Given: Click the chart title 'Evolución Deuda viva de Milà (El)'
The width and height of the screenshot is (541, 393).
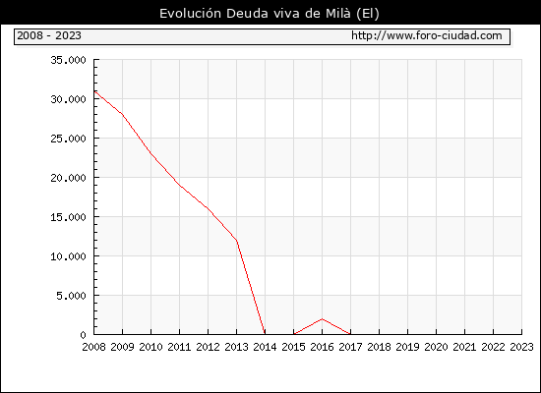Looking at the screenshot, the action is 270,14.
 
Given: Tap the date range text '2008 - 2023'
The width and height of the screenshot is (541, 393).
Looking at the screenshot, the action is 49,35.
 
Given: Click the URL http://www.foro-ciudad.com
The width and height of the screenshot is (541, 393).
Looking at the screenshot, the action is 427,35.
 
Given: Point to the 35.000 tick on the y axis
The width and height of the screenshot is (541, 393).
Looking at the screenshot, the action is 68,60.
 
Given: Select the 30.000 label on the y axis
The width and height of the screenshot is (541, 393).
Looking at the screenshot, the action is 68,99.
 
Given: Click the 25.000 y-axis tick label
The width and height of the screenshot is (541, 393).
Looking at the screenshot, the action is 68,139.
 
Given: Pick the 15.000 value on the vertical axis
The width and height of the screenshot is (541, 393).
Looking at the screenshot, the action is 68,217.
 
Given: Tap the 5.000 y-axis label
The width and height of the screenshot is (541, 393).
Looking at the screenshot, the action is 72,296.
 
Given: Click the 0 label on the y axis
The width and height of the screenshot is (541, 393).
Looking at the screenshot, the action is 83,335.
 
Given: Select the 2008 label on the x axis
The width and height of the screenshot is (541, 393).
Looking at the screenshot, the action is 93,347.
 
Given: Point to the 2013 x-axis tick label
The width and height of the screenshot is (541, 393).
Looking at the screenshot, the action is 236,347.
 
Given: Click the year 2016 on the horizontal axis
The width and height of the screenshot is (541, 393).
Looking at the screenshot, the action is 322,347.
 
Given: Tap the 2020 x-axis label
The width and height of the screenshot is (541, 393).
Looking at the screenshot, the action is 436,347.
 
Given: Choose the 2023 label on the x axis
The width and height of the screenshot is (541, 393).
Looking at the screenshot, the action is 521,347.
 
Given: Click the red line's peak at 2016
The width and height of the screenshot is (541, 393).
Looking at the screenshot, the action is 322,319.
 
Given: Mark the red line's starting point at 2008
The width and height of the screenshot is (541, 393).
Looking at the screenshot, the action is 94,91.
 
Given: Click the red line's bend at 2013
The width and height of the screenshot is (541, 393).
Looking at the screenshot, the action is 237,241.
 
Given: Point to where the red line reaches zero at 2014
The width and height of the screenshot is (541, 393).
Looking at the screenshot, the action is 265,334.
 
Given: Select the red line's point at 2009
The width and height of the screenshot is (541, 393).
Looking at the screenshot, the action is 123,114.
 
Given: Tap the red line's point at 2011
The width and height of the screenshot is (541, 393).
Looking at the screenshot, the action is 179,186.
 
